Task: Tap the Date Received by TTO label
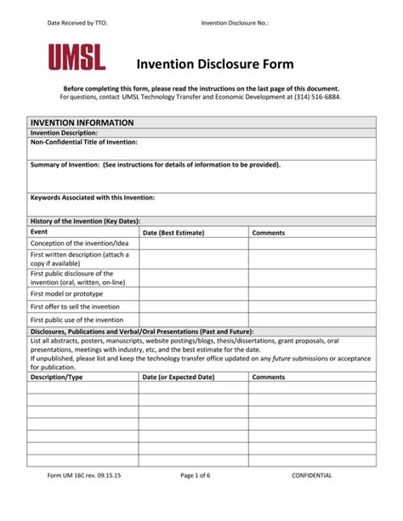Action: click(77, 23)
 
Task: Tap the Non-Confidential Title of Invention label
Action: click(83, 142)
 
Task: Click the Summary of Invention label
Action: click(155, 165)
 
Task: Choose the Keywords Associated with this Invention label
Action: click(93, 197)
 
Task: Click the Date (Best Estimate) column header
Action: click(173, 232)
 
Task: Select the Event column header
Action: click(39, 231)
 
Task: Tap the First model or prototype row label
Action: click(66, 293)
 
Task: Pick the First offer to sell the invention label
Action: click(75, 307)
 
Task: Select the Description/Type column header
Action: click(56, 377)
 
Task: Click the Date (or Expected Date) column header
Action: click(179, 377)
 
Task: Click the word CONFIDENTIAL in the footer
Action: click(312, 475)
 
